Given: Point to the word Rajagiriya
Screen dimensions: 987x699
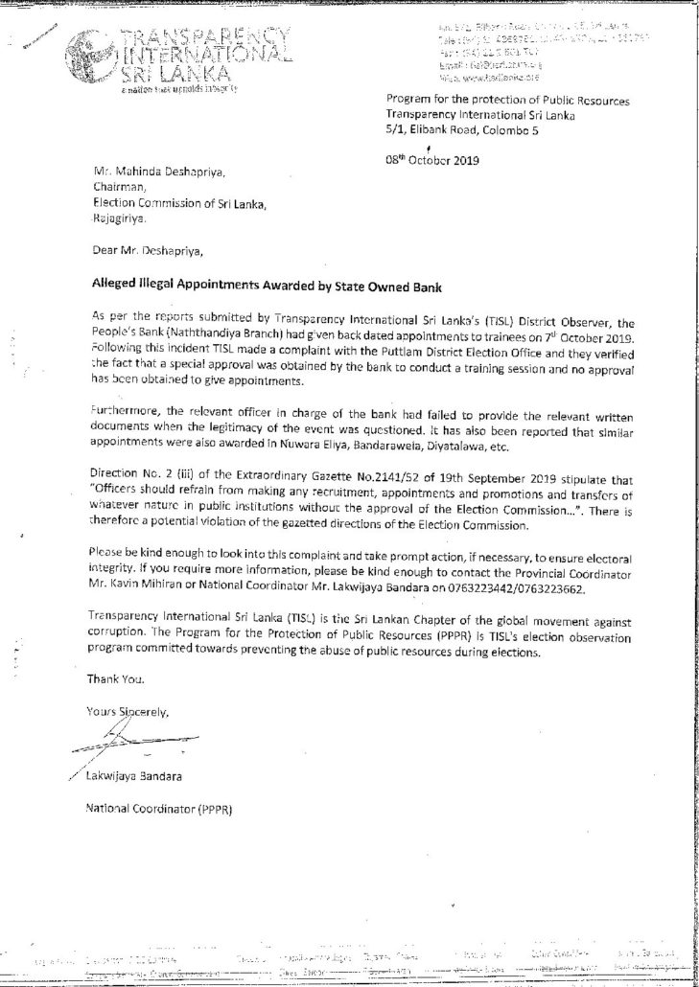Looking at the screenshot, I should pyautogui.click(x=120, y=218).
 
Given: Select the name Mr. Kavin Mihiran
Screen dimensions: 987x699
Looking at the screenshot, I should pyautogui.click(x=133, y=590).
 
